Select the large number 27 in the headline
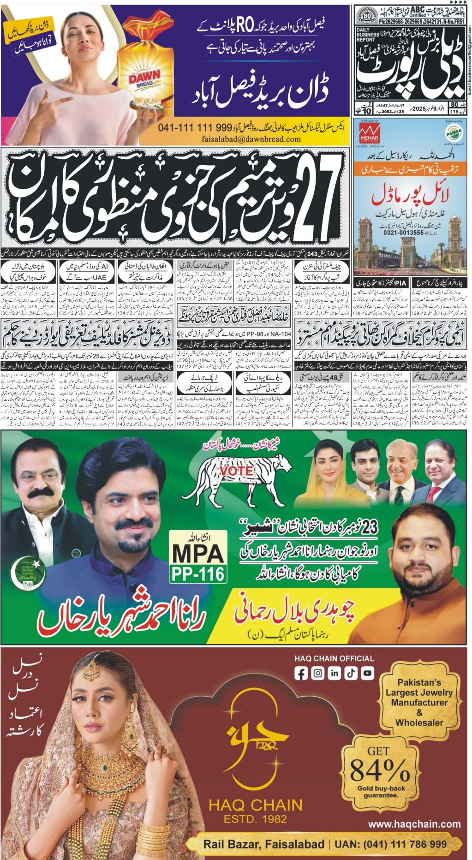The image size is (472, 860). [317, 195]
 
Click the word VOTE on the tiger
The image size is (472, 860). [236, 471]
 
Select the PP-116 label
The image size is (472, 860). [198, 573]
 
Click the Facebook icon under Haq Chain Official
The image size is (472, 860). [301, 673]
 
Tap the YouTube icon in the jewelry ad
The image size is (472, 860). [367, 673]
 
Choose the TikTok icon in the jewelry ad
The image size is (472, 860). [351, 673]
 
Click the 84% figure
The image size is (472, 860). [379, 770]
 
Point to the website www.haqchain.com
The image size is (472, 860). [414, 824]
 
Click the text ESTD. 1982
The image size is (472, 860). [255, 819]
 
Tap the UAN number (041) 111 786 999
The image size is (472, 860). [390, 844]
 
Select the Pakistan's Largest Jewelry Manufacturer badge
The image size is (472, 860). [419, 702]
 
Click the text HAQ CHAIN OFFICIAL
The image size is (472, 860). [334, 658]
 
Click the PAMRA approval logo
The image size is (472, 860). [454, 133]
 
